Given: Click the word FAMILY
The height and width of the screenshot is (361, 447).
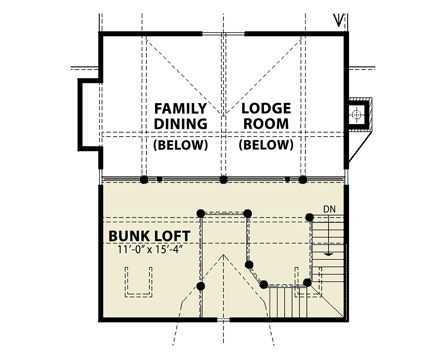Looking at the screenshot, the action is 181,108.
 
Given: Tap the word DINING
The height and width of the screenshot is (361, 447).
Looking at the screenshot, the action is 181,124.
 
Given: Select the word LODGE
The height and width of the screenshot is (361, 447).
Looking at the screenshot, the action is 266,108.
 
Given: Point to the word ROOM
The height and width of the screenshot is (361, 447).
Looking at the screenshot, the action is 266,124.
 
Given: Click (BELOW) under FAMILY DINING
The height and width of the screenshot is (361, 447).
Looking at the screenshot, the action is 181,145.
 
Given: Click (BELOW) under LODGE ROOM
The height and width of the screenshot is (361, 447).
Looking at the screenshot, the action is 266,145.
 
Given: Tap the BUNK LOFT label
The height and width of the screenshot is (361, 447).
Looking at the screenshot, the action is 149,236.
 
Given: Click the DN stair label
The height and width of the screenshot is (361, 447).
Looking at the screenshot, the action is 330,209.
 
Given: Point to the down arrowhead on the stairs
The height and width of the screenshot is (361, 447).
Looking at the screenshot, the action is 329,255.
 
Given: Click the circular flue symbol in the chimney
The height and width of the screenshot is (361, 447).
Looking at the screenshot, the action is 356,115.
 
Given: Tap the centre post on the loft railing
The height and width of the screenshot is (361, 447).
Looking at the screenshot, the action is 223,180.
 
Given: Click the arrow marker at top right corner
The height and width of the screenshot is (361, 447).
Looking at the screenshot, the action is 338,20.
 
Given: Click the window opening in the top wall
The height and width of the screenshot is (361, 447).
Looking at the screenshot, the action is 223,34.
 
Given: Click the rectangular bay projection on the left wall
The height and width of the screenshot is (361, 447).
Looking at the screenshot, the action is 80,115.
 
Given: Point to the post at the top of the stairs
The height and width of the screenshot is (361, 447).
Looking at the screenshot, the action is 309,217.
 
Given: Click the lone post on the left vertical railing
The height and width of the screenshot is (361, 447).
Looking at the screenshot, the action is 201,286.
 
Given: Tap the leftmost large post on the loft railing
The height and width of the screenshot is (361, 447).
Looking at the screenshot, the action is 144,180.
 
